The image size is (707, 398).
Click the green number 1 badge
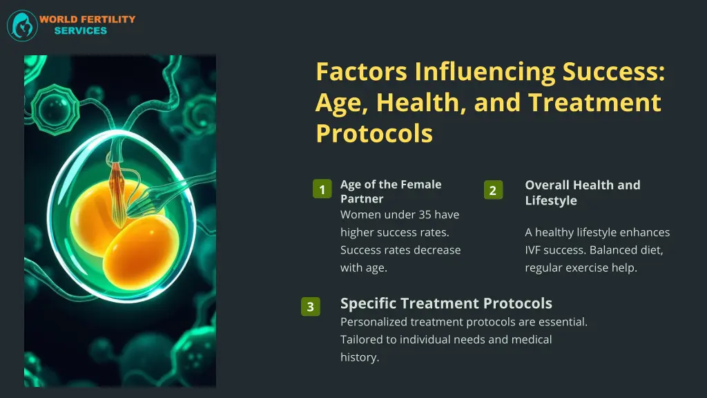pos(322,189)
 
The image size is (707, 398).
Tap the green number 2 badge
pos(492,190)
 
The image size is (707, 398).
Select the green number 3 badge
pos(311,307)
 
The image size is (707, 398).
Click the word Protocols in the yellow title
pos(374,133)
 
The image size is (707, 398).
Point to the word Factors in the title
pos(362,72)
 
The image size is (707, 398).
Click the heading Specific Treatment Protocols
pos(446,303)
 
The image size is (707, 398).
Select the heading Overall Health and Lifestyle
pos(582,193)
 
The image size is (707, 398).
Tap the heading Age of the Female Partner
pos(390,191)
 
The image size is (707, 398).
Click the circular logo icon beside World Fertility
pos(22,26)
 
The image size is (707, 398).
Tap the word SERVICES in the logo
pos(81,31)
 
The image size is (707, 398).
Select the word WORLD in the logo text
pos(57,19)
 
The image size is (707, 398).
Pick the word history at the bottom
pos(360,357)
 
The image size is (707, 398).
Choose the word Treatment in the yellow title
pos(595,102)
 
